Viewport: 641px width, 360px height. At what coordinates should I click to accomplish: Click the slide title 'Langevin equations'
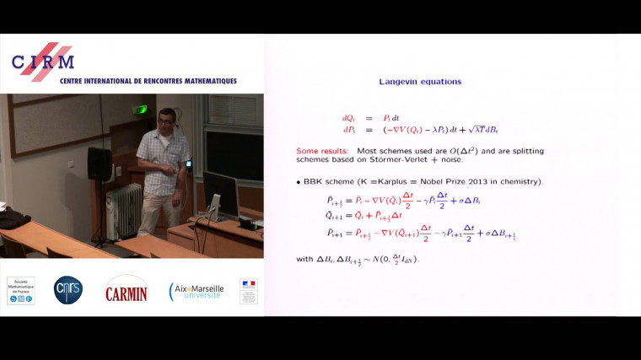420,82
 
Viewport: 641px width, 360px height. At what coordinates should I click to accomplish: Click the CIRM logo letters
43,62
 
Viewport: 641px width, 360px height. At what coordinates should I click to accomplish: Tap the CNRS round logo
68,290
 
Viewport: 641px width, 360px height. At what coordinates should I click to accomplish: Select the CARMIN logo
127,291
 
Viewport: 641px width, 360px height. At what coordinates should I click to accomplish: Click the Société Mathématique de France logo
20,290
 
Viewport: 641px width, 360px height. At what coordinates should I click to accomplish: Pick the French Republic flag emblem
248,291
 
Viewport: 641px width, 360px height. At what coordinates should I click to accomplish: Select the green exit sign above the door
141,110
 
